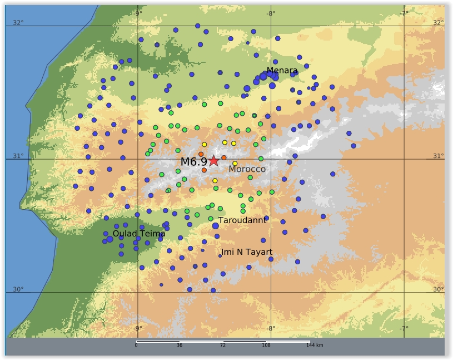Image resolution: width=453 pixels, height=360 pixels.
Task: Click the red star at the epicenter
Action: point(214,161)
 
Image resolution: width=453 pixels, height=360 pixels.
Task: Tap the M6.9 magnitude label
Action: point(194,162)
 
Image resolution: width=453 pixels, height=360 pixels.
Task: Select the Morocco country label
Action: point(247,169)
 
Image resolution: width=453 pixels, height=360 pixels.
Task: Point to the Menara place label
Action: point(282,71)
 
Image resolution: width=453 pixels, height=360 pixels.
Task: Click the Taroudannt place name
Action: point(242,220)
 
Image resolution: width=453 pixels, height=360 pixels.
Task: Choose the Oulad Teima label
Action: point(139,234)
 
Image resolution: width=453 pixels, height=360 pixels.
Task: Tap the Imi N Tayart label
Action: point(247,253)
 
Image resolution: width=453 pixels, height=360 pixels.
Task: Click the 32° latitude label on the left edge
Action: point(18,23)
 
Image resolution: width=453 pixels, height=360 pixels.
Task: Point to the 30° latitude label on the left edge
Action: point(18,289)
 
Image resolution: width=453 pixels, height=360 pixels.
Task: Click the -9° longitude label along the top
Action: point(138,13)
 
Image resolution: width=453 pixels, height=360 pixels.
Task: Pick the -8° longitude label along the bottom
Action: point(271,328)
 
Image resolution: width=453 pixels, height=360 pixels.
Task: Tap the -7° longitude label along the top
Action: point(404,13)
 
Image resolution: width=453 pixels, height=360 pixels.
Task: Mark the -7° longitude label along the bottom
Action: point(404,328)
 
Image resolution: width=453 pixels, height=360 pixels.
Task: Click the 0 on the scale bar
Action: point(136,346)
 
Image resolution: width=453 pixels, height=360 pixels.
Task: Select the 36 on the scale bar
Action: point(180,346)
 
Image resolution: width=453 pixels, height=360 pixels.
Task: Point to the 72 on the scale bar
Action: point(223,346)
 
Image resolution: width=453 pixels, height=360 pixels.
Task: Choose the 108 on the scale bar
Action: point(266,346)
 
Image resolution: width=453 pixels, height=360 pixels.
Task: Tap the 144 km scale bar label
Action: point(314,346)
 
